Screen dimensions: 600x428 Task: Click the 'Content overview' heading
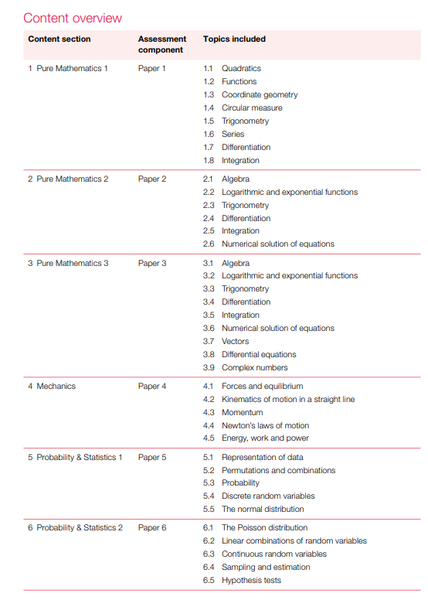[x=73, y=18]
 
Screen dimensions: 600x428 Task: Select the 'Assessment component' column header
[x=162, y=44]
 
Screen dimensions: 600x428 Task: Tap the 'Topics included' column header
[x=234, y=39]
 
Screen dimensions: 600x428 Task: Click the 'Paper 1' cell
[x=152, y=69]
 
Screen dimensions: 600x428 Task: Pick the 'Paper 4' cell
[x=152, y=386]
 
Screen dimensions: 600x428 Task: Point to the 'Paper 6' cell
[x=152, y=528]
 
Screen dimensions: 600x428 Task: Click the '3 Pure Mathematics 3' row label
[x=68, y=263]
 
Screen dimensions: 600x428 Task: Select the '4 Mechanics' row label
[x=52, y=386]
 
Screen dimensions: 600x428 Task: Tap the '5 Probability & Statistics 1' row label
[x=75, y=457]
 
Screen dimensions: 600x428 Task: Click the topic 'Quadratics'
[x=241, y=69]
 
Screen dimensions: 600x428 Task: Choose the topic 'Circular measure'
[x=252, y=107]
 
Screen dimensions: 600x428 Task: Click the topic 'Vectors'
[x=236, y=341]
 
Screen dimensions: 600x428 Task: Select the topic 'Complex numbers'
[x=255, y=367]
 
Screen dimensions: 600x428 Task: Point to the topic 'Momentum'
[x=242, y=412]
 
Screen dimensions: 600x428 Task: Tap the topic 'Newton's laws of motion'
[x=265, y=425]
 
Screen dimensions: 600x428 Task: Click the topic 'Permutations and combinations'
[x=278, y=470]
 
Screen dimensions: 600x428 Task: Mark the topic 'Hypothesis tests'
[x=251, y=580]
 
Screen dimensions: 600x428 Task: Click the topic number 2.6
[x=209, y=244]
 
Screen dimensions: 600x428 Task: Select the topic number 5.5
[x=209, y=509]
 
